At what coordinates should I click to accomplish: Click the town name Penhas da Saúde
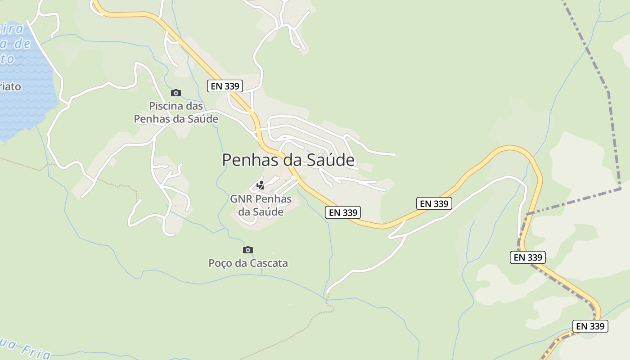pos(288,160)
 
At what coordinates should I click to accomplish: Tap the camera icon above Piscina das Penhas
pos(176,93)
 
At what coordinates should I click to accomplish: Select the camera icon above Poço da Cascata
pos(248,250)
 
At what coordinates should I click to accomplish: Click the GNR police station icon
pos(260,185)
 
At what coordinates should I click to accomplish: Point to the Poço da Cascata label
pos(248,263)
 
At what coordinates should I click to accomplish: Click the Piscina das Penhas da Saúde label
pos(176,113)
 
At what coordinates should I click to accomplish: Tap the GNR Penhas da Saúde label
pos(261,205)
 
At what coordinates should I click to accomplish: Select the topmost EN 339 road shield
pos(225,86)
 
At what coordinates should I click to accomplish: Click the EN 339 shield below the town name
pos(343,212)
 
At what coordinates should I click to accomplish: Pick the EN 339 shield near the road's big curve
pos(434,203)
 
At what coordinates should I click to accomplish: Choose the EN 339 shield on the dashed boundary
pos(528,257)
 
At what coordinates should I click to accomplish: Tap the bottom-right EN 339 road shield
pos(590,326)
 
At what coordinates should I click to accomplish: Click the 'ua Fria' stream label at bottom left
pos(25,349)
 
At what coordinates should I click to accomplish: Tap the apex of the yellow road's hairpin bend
pos(511,147)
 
